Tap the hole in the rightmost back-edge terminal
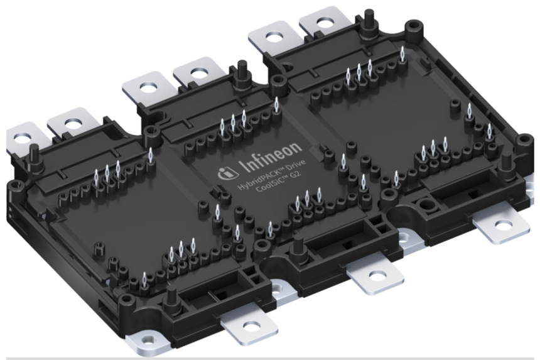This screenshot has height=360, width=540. tap(325, 24)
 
